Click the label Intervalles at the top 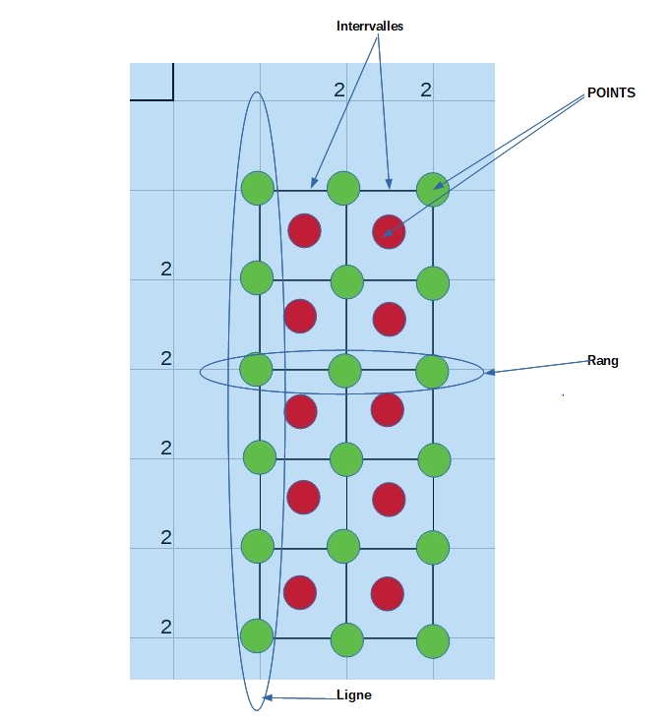coord(370,27)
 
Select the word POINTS coord(611,92)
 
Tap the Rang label coord(602,361)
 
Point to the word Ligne coord(353,694)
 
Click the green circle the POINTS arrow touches coord(432,188)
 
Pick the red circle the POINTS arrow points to coord(389,232)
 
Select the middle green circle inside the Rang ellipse coord(344,371)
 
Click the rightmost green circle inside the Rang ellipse coord(432,371)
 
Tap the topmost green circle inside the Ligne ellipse coord(257,187)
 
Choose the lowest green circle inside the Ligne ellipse coord(257,635)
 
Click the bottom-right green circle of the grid coord(433,641)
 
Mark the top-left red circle coord(304,230)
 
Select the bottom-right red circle coord(388,593)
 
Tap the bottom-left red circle coord(299,592)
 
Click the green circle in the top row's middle coord(343,187)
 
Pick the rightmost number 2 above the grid coord(426,90)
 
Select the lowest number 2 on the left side coord(166,628)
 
